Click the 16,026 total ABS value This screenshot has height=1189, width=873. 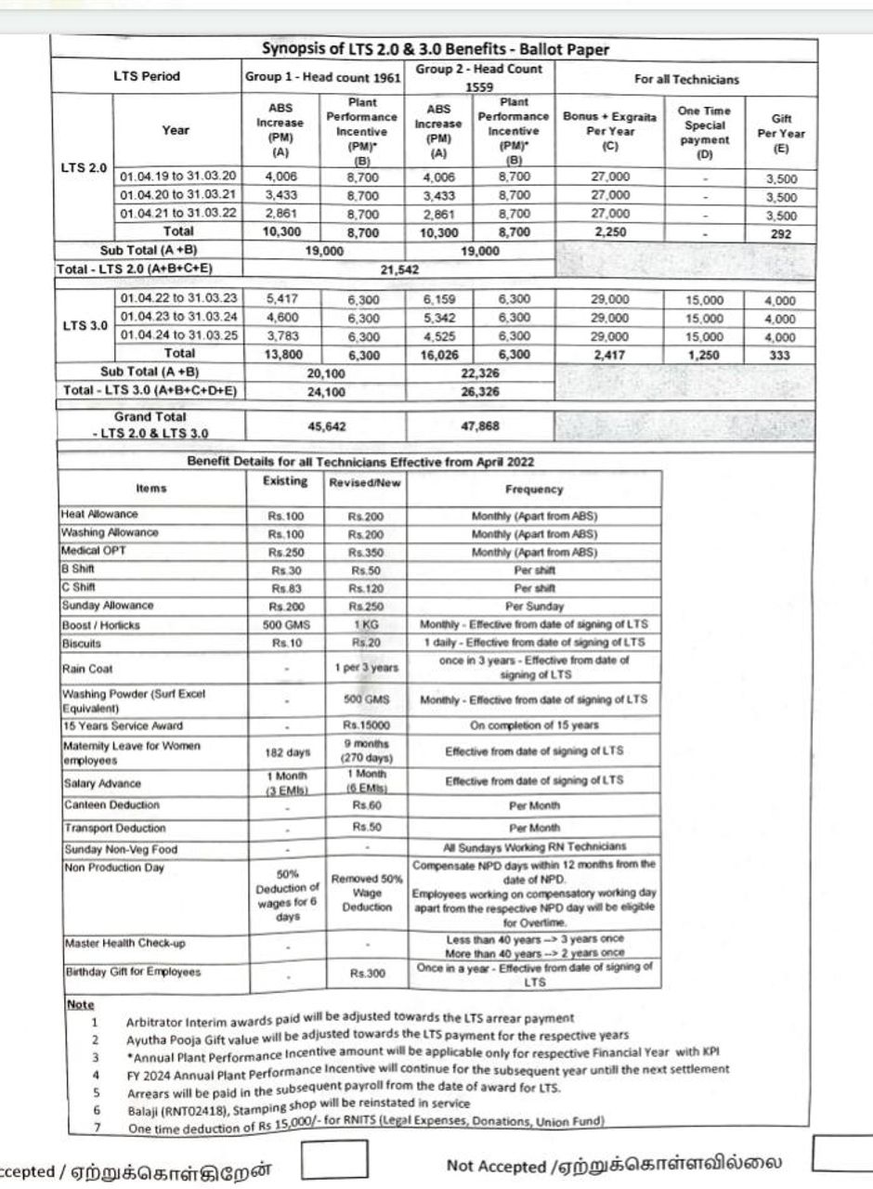(437, 354)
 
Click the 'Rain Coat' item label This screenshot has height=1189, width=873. (84, 668)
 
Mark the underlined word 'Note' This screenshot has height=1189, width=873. (81, 1005)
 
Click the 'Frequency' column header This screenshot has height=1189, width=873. (534, 489)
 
